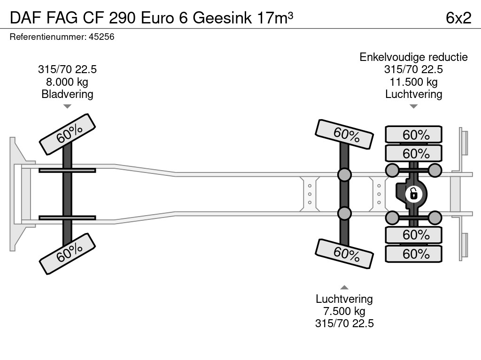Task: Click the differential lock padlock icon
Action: coord(413,194)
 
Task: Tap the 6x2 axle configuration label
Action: coord(458,18)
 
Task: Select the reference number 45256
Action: coord(101,37)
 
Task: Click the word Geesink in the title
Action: coord(222,18)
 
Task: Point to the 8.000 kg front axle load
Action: coord(67,82)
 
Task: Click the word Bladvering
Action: coord(67,94)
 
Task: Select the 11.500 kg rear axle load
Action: coord(413,82)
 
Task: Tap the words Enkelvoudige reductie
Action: coord(413,57)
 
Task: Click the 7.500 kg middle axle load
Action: coord(344,311)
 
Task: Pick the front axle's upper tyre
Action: coord(67,134)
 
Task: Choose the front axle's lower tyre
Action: coord(67,254)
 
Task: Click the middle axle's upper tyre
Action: coord(344,134)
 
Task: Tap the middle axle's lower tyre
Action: coord(344,254)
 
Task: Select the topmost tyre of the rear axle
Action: coord(413,134)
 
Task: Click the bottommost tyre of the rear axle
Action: coord(413,254)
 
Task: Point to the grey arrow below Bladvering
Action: coord(67,106)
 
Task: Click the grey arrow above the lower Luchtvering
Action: coord(344,287)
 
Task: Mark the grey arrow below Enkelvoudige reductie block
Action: coord(413,106)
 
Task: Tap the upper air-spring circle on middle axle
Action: coord(344,174)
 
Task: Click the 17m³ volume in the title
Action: coord(275,18)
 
